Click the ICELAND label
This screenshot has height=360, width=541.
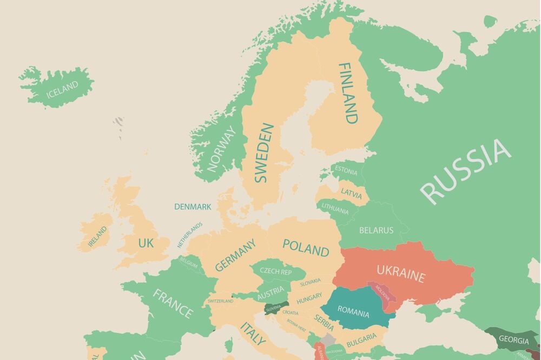[62, 89]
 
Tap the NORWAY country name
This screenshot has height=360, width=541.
[222, 149]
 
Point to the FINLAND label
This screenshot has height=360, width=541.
[348, 93]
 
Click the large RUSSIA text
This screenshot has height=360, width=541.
[465, 171]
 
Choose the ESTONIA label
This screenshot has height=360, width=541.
[346, 171]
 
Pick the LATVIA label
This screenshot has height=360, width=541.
[351, 191]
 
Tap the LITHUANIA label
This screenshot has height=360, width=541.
[335, 208]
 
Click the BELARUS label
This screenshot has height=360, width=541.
[376, 230]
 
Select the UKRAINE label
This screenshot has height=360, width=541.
[400, 274]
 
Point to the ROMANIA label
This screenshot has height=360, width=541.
[353, 313]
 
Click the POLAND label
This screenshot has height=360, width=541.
[306, 248]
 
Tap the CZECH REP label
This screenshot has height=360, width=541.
[275, 271]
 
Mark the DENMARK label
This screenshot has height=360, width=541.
[193, 206]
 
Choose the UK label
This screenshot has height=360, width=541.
[146, 243]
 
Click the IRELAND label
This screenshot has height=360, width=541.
[98, 236]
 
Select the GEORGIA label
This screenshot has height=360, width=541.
[513, 341]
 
